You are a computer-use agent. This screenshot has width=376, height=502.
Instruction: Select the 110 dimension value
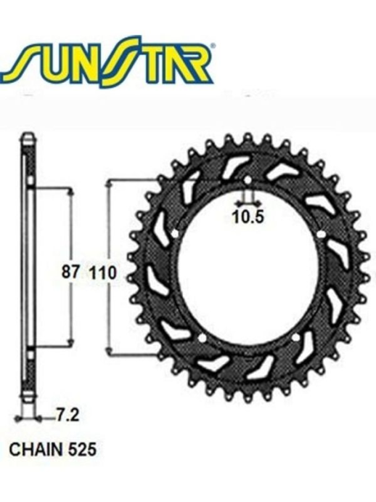pos(101,272)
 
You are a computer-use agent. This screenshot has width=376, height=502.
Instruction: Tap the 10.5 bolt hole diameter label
pos(247,215)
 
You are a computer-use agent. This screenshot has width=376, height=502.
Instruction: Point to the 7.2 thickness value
pos(65,416)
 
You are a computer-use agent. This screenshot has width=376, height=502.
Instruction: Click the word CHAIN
pos(30,448)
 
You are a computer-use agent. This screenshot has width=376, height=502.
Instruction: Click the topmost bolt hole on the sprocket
pos(247,180)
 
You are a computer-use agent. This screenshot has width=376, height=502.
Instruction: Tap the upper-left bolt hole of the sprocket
pos(177,232)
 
